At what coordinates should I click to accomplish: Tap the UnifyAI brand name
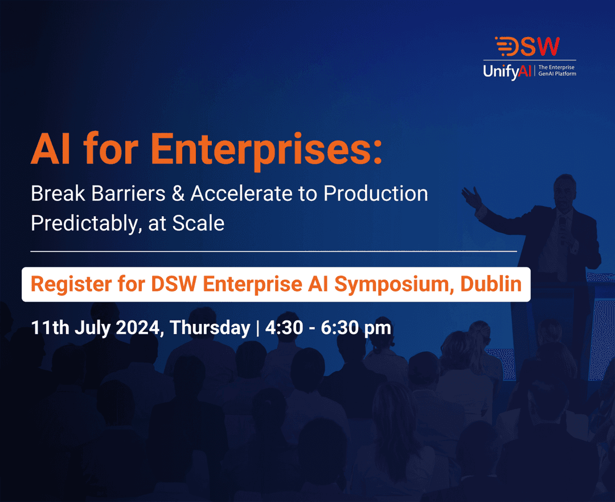[509, 72]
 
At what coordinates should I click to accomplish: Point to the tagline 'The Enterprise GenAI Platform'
[557, 71]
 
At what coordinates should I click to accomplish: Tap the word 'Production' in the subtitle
[376, 194]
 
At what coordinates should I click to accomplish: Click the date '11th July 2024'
[97, 328]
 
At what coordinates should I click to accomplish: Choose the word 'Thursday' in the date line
[210, 328]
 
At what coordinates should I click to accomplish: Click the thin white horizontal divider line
[273, 250]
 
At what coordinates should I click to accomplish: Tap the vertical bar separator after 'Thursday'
[257, 328]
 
